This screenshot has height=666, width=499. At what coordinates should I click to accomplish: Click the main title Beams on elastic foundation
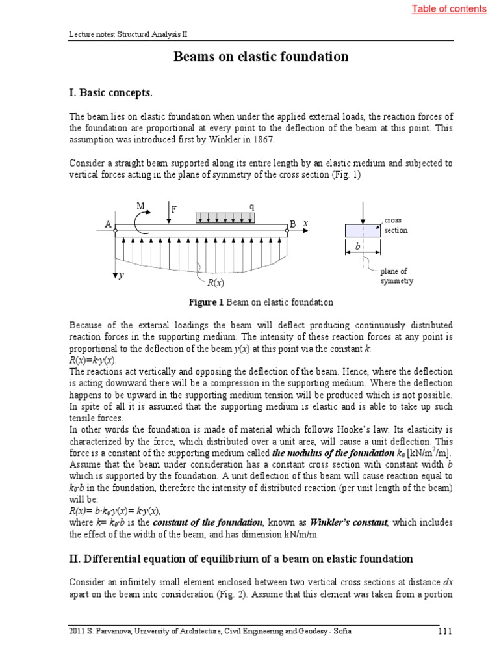(x=261, y=57)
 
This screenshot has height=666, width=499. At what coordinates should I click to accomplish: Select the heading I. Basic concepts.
(x=110, y=92)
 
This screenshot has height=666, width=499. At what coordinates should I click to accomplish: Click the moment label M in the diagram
(x=140, y=206)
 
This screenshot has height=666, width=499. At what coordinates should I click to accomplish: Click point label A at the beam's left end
(x=108, y=224)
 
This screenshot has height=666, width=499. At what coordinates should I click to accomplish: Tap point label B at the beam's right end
(x=292, y=224)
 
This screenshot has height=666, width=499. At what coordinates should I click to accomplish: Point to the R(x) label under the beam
(x=215, y=283)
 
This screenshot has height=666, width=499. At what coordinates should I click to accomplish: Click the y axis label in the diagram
(x=120, y=276)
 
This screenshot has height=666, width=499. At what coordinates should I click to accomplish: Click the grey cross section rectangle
(x=363, y=230)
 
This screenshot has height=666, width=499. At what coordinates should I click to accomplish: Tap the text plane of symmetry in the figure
(x=396, y=276)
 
